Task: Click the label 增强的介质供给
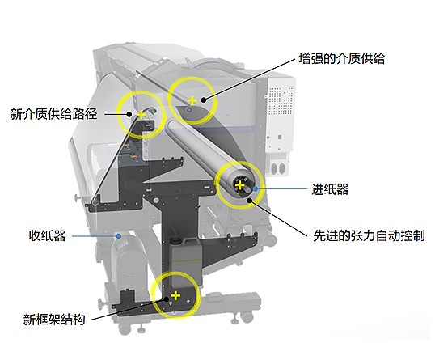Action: click(341, 59)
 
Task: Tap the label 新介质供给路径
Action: click(54, 114)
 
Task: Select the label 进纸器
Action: click(330, 189)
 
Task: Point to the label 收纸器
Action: click(48, 236)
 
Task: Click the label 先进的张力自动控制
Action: click(369, 236)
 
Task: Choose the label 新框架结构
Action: click(54, 320)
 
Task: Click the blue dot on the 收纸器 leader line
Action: click(119, 236)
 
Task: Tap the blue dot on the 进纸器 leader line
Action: click(256, 188)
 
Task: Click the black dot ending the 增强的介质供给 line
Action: click(204, 100)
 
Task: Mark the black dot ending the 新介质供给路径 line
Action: click(129, 114)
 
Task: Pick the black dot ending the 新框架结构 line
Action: click(167, 299)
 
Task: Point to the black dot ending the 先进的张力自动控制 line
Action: click(250, 200)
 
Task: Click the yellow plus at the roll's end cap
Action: click(239, 185)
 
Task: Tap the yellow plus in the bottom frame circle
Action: click(175, 295)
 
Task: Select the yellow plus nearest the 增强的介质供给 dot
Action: click(192, 100)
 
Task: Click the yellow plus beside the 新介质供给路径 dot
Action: click(141, 114)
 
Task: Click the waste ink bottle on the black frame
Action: click(185, 262)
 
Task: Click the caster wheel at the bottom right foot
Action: click(247, 317)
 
